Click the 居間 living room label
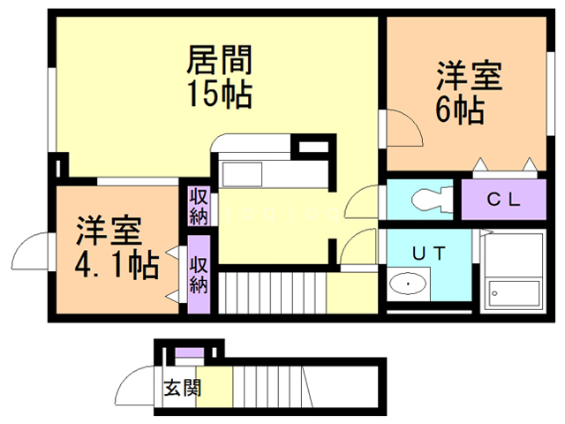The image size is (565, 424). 220,61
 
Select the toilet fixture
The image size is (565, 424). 429,200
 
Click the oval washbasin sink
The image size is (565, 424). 408,284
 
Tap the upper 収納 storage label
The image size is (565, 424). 196,204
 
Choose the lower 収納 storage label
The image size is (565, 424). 198,274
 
